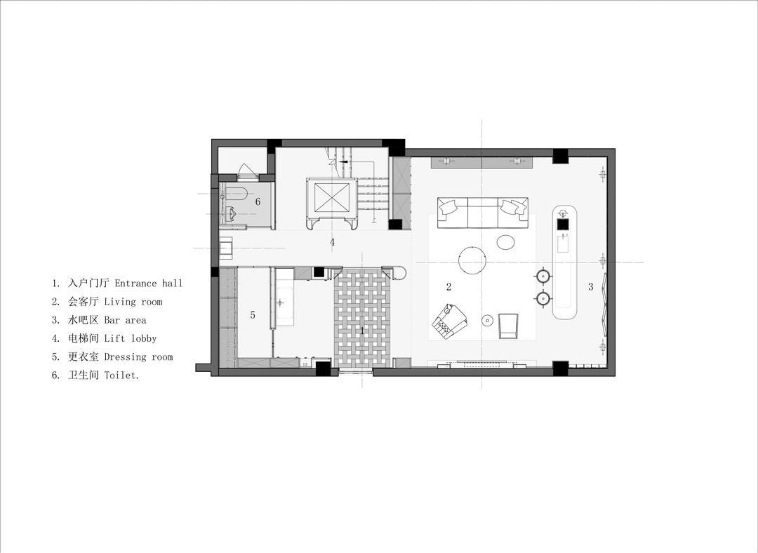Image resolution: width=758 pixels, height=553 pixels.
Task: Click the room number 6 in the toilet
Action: [x=258, y=201]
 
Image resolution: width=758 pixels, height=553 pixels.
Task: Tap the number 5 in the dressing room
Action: [x=253, y=315]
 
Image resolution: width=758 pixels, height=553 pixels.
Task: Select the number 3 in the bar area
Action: [x=590, y=286]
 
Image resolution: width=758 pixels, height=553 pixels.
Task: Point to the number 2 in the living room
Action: [x=448, y=286]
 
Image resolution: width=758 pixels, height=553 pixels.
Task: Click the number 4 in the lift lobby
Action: [x=332, y=242]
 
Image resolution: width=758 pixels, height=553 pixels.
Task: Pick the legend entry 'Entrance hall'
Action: [x=148, y=284]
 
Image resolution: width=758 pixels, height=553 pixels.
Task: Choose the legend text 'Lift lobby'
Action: [x=131, y=338]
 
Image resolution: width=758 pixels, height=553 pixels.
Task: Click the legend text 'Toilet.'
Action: [x=122, y=375]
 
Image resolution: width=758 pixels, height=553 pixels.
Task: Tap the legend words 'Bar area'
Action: [x=125, y=320]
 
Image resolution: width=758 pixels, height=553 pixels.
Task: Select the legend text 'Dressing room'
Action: [x=138, y=357]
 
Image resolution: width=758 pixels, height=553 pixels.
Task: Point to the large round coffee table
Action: [x=472, y=260]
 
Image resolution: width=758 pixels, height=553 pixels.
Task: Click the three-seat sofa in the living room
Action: [x=482, y=212]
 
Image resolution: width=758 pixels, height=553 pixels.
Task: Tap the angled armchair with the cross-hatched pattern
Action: [x=450, y=320]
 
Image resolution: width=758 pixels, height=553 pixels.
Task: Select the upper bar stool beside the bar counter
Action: [x=543, y=276]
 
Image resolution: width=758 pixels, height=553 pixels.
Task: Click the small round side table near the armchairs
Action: [x=487, y=319]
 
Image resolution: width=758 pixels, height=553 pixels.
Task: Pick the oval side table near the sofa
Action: [x=505, y=241]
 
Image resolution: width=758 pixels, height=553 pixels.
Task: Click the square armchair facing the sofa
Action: [x=507, y=326]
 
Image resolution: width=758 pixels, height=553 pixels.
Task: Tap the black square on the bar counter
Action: [x=564, y=225]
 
